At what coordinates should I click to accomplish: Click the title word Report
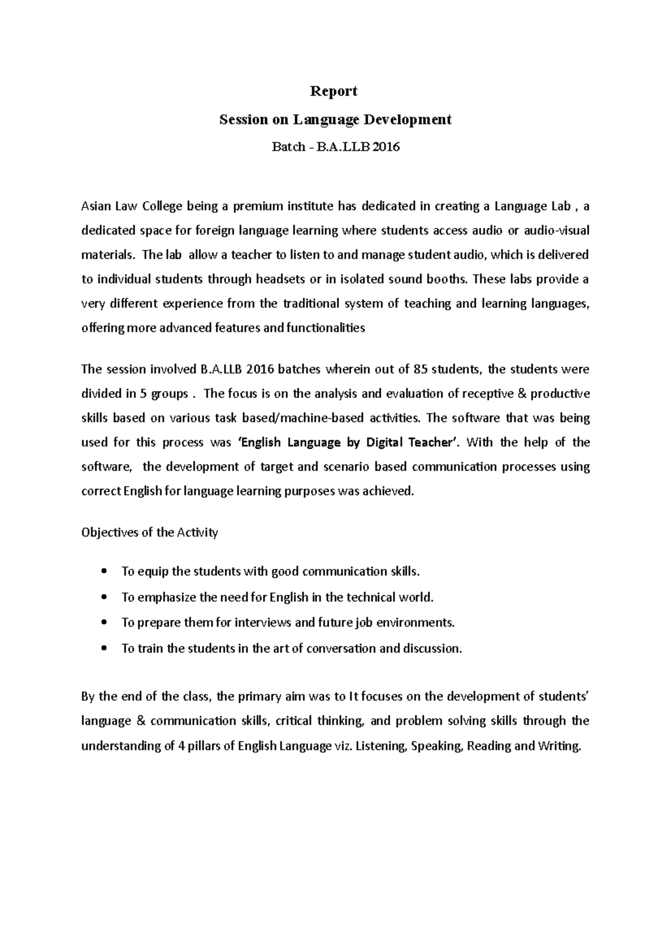334,91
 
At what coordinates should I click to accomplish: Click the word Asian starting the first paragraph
96,207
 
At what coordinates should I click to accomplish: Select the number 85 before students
420,369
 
